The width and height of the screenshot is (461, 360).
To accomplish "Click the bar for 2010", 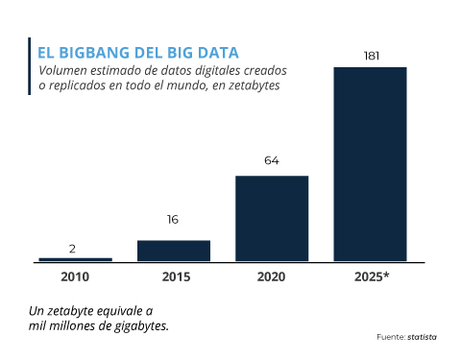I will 75,259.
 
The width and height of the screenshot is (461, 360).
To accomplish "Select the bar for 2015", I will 173,251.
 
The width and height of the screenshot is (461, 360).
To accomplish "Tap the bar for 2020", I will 272,218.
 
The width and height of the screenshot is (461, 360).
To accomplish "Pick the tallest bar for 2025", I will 370,163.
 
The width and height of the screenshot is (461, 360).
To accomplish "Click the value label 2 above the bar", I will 73,249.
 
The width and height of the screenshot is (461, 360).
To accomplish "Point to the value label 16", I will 173,220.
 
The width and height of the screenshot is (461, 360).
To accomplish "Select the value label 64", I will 272,160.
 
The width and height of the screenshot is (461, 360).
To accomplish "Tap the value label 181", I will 371,56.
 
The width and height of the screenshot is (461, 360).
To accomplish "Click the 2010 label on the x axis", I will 75,277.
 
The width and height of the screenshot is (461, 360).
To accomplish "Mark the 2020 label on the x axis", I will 272,277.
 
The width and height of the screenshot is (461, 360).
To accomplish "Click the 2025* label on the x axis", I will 371,277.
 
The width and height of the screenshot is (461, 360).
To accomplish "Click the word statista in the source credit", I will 423,337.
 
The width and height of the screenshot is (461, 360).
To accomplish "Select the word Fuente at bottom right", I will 388,337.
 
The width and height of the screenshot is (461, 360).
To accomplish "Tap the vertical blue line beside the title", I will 31,68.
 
